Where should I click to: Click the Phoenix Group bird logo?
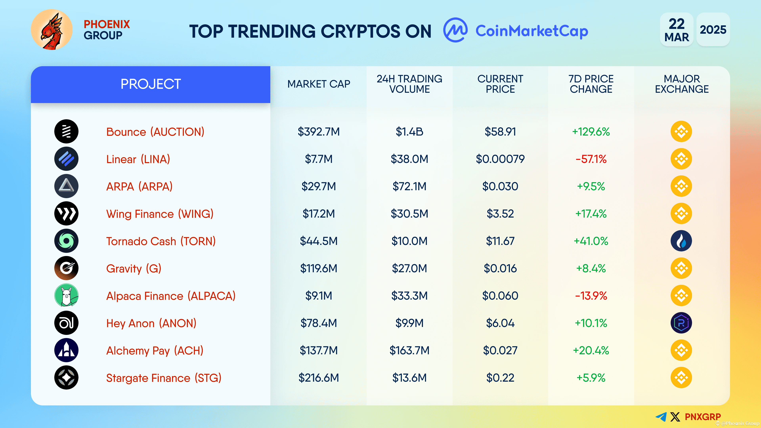(52, 30)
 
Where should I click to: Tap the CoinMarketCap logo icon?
(455, 30)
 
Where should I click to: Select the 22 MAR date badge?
(677, 30)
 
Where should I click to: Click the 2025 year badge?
(713, 30)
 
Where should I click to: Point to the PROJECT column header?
(150, 84)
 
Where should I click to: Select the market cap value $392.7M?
(318, 132)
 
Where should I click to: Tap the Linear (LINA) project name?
(138, 159)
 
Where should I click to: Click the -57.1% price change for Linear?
(591, 159)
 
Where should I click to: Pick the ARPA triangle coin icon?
(66, 186)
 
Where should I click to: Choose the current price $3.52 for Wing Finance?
(500, 214)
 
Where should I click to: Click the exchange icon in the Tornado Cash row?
(681, 241)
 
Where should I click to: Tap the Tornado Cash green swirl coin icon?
(66, 241)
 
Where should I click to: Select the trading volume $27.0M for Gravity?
(409, 268)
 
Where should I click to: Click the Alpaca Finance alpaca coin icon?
(66, 295)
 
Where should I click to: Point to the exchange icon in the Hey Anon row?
(681, 323)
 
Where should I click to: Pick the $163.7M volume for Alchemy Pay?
(409, 351)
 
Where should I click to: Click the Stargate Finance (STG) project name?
(164, 378)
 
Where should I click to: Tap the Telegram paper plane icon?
(661, 417)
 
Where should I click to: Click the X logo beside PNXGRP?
(675, 417)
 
